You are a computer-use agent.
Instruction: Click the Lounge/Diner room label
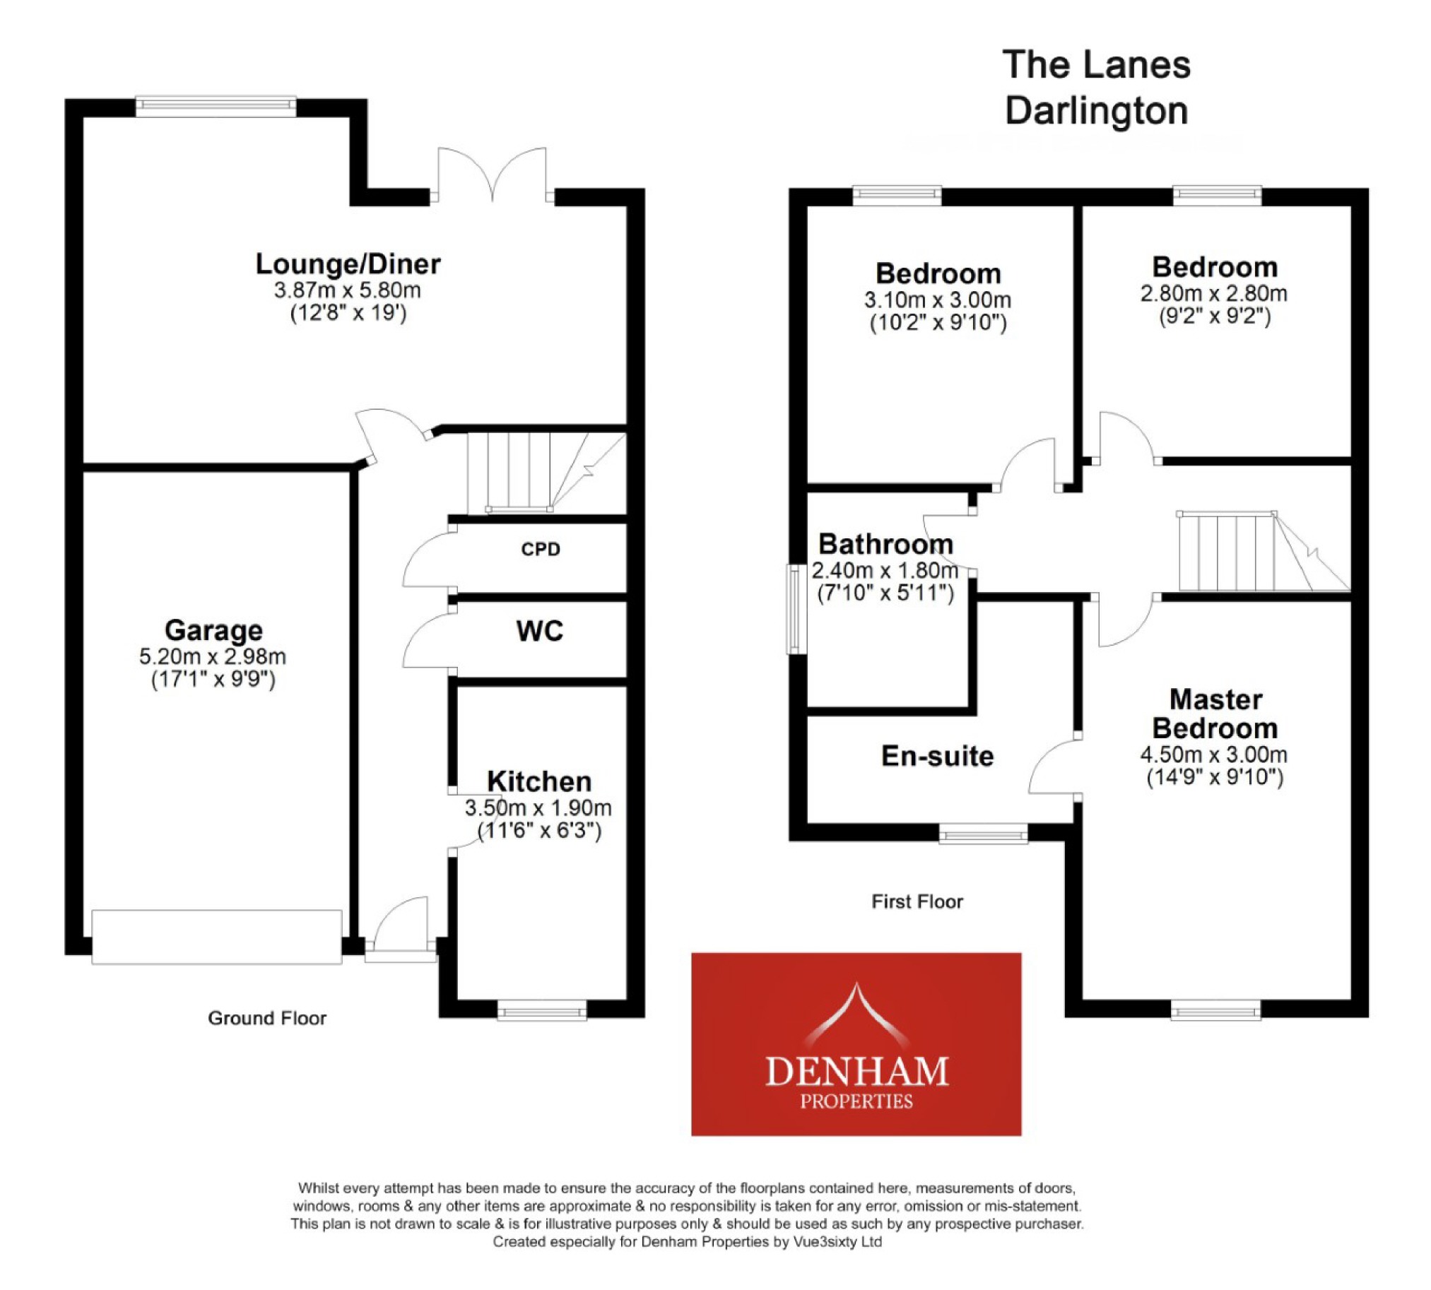(x=348, y=264)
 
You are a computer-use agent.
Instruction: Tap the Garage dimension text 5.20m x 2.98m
(x=212, y=656)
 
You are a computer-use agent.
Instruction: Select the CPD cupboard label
(x=541, y=550)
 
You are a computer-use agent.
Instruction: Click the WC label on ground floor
(x=540, y=631)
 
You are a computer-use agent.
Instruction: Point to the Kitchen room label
(x=539, y=781)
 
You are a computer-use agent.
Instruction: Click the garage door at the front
(x=216, y=937)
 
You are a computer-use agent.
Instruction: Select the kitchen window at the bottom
(x=542, y=1010)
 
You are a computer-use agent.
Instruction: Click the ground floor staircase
(x=539, y=471)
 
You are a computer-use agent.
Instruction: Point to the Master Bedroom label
(x=1215, y=714)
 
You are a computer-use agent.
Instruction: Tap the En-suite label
(x=937, y=757)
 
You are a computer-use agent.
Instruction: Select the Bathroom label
(x=885, y=545)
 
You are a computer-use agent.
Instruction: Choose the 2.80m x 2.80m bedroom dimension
(x=1213, y=293)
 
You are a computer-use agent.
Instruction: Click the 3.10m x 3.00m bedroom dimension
(x=937, y=300)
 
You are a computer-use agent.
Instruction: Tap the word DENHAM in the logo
(x=856, y=1072)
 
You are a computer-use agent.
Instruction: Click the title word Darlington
(x=1095, y=112)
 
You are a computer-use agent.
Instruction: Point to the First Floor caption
(x=916, y=901)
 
